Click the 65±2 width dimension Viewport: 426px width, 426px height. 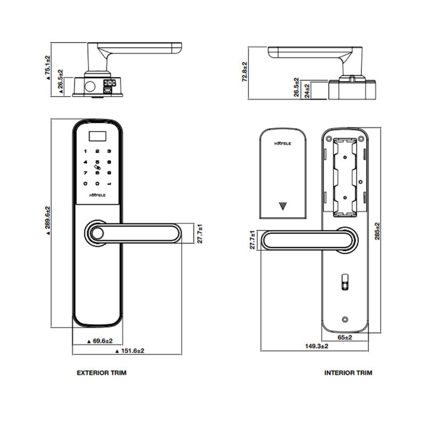(345, 337)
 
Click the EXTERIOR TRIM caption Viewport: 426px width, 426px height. (102, 373)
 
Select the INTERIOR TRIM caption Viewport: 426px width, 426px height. (348, 373)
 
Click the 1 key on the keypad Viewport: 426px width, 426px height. (84, 151)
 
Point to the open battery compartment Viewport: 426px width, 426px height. (345, 176)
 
